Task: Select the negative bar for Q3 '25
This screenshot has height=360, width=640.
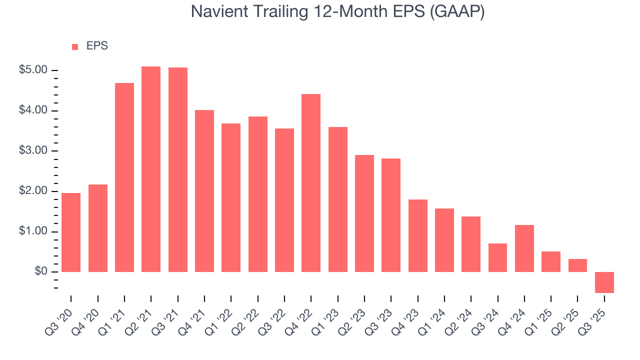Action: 604,282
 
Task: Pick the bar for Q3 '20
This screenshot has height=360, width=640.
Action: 71,232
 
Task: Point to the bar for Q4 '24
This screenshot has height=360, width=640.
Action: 524,248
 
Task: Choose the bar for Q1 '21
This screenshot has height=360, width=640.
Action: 124,177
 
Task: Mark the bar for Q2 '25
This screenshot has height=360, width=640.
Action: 577,265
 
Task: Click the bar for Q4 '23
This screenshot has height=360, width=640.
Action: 418,235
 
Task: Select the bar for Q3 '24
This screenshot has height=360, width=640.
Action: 497,257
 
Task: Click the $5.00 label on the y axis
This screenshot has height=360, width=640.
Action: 33,70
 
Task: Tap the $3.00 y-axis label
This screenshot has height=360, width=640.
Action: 33,151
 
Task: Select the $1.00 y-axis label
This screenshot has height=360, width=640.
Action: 33,231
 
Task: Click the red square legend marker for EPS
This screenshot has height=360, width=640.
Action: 75,46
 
